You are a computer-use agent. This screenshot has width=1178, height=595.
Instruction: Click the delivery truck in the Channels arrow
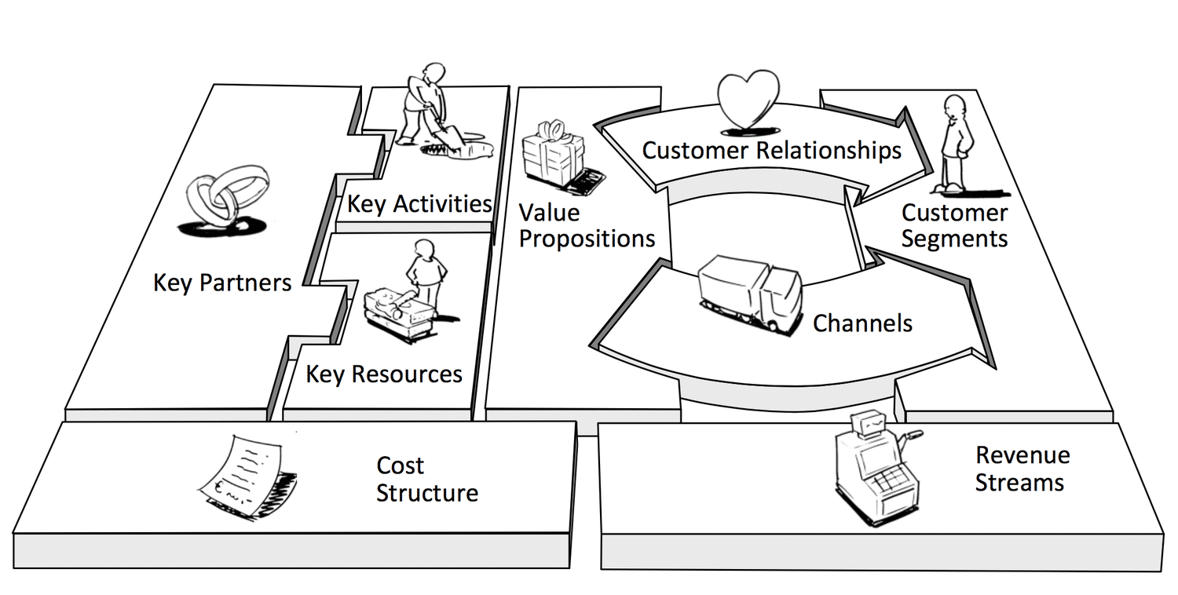click(x=750, y=294)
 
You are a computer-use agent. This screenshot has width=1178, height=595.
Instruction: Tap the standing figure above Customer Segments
click(x=955, y=144)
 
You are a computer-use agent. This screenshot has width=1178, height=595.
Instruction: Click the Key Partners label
click(x=222, y=283)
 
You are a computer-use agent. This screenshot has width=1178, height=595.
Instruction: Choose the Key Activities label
click(x=419, y=204)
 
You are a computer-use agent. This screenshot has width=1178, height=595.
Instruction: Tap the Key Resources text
click(x=384, y=374)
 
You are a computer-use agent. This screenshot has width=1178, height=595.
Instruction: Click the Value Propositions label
click(x=587, y=225)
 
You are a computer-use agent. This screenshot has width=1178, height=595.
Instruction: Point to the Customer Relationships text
click(x=771, y=151)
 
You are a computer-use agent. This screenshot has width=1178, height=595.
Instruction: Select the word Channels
click(x=862, y=323)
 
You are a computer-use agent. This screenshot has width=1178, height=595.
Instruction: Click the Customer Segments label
click(x=954, y=225)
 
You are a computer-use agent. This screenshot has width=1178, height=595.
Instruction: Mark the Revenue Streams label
click(x=1023, y=469)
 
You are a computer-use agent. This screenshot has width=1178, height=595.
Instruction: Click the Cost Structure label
click(x=427, y=480)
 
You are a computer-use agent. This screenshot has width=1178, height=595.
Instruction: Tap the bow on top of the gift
click(x=552, y=130)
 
